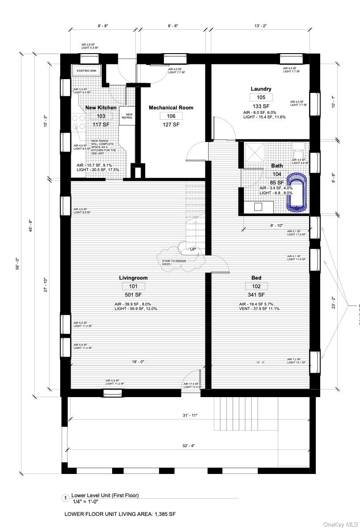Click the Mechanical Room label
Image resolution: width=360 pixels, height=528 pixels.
[x=171, y=108]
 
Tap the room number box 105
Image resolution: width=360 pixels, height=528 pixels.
[x=261, y=97]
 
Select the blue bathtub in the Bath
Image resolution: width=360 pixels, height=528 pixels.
[x=296, y=193]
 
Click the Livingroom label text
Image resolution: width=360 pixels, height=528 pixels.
[x=133, y=278]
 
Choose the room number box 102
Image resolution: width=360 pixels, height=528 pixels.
[x=256, y=286]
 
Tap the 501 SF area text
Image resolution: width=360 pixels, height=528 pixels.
[x=133, y=295]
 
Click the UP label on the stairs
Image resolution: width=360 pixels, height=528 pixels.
[x=193, y=249]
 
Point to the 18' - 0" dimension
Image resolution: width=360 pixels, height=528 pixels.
[x=138, y=362]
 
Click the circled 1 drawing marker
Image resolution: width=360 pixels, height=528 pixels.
[x=65, y=498]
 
